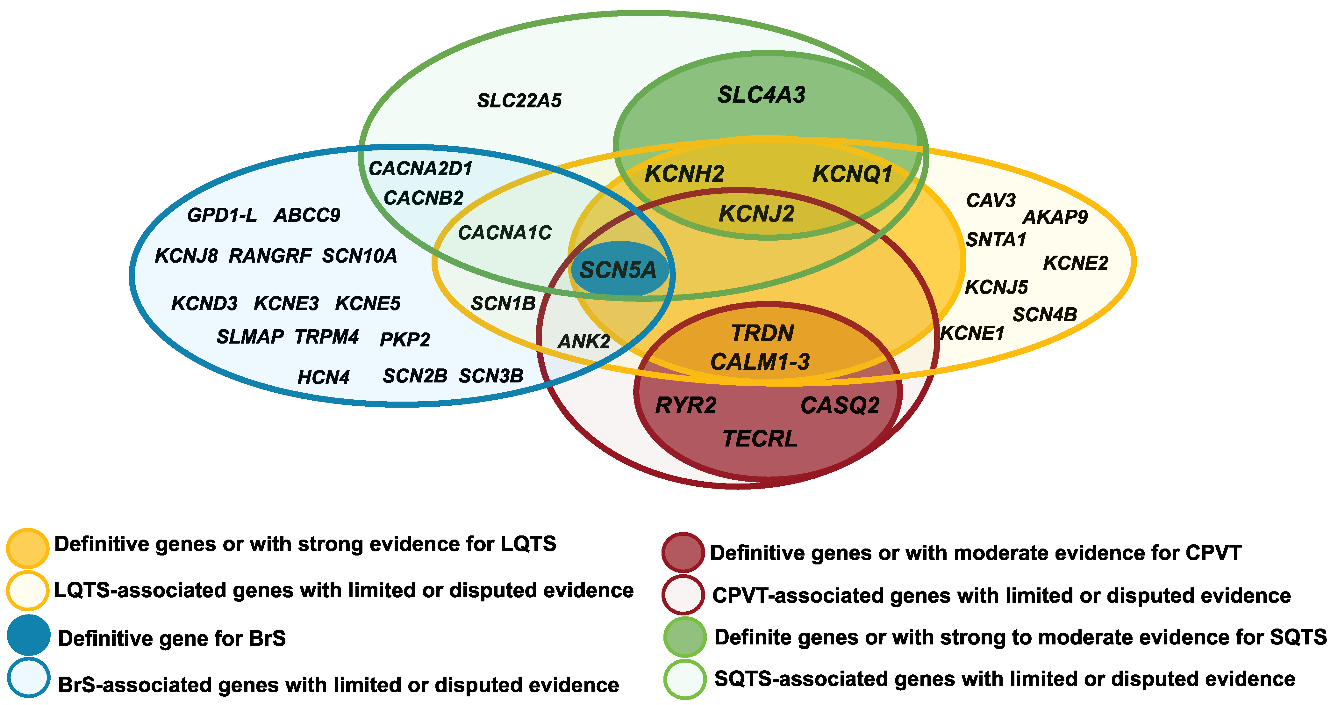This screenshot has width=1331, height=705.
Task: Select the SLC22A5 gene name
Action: (x=519, y=101)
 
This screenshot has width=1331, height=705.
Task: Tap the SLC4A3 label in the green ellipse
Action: (x=761, y=95)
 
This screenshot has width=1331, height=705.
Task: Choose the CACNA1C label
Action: (x=505, y=233)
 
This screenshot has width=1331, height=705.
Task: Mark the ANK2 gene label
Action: (x=584, y=342)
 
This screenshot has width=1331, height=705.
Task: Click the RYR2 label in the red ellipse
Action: (x=686, y=406)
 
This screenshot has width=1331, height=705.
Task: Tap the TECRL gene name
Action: (x=760, y=439)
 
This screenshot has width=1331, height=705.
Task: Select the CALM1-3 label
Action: (x=760, y=362)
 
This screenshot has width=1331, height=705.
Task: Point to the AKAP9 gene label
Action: (x=1055, y=217)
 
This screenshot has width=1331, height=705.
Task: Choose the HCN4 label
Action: (x=324, y=377)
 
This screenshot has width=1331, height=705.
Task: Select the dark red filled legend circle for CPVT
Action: (x=683, y=552)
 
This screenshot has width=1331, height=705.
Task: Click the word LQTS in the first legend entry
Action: (x=528, y=544)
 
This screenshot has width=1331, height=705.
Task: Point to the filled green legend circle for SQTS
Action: (x=685, y=637)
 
